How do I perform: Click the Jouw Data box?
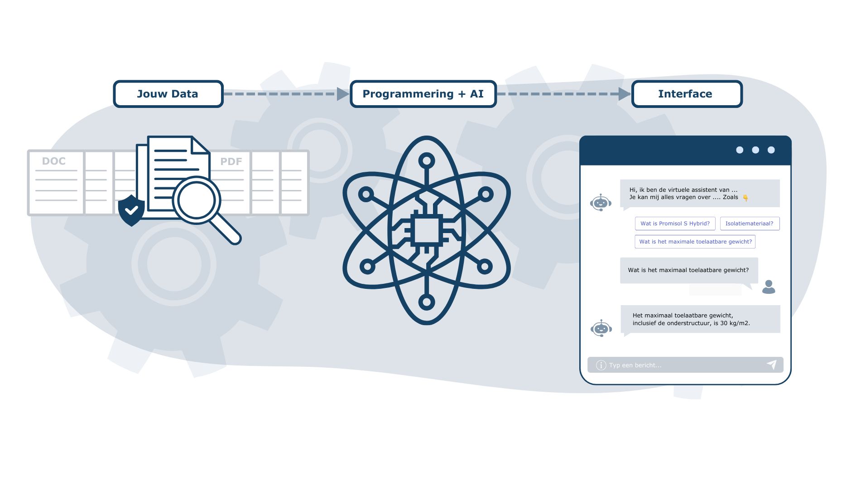point(168,94)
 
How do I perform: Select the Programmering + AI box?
point(423,94)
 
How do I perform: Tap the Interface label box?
point(687,94)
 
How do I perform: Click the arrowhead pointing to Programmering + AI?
point(343,94)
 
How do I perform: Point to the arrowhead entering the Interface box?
point(625,94)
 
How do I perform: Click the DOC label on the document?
point(53,161)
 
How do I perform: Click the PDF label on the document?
point(231,161)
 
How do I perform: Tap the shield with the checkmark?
point(131,210)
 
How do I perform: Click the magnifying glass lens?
point(196,200)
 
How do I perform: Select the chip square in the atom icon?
point(427,230)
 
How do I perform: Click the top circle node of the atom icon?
point(427,161)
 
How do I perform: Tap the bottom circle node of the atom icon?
point(427,302)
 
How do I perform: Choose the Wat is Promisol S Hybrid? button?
point(675,224)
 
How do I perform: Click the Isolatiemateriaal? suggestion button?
point(750,224)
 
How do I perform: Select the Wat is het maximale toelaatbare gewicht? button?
point(695,242)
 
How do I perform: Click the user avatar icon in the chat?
point(769,287)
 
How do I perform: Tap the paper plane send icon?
point(772,365)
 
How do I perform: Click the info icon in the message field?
point(601,365)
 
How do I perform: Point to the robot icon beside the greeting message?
point(601,203)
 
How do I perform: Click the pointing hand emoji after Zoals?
point(745,198)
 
